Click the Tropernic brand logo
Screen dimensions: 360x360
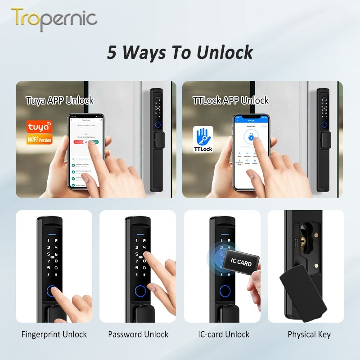pos(54,18)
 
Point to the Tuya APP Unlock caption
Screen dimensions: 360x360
pos(59,100)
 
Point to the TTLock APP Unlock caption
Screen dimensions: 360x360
pos(231,100)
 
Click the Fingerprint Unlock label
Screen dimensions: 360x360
pos(54,334)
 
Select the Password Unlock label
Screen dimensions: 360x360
pos(138,334)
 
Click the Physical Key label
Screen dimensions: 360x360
pos(309,334)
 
